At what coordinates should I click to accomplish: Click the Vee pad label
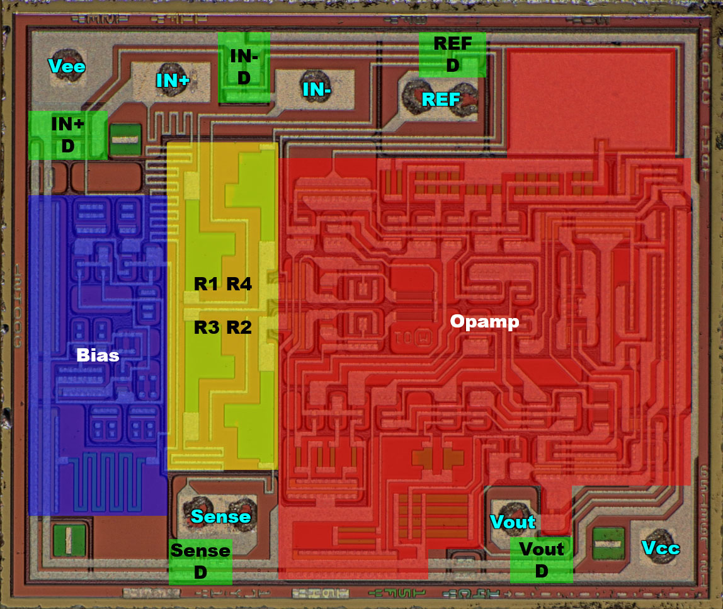tap(67, 65)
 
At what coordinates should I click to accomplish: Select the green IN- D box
tap(244, 67)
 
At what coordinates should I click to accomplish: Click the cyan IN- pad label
tap(317, 89)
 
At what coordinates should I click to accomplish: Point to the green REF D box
tap(452, 55)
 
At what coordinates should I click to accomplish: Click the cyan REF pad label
tap(441, 100)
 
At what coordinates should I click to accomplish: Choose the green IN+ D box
tap(67, 135)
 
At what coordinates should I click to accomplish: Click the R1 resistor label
tap(205, 284)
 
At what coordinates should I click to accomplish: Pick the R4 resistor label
tap(239, 284)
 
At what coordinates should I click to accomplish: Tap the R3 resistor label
tap(205, 327)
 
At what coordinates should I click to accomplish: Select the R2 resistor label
tap(239, 327)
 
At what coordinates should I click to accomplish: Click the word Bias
tap(98, 355)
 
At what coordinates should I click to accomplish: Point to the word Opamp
tap(484, 322)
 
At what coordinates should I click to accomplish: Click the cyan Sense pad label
tap(220, 517)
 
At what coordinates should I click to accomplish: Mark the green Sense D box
tap(200, 561)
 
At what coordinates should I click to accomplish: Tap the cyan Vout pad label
tap(513, 521)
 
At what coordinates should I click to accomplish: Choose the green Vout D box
tap(541, 559)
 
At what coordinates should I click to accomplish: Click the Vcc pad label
tap(661, 548)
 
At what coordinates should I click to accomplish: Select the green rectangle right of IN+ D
tap(125, 140)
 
